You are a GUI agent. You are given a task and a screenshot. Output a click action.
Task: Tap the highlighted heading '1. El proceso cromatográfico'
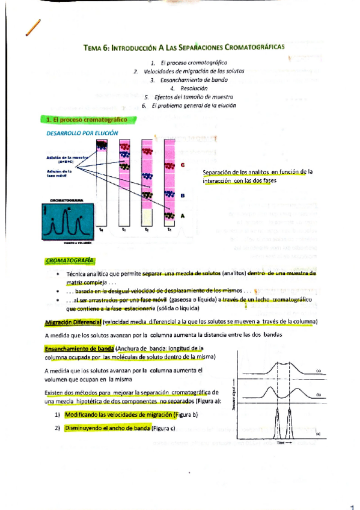pos(78,120)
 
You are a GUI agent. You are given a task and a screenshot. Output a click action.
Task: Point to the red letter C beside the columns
pos(182,165)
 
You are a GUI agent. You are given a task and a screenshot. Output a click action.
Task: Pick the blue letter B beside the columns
pos(182,195)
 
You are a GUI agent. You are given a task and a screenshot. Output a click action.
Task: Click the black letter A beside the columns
pos(182,215)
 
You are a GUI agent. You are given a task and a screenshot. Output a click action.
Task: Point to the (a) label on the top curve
pos(319,370)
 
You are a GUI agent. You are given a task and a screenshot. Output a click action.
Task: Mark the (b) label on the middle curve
pos(319,395)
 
